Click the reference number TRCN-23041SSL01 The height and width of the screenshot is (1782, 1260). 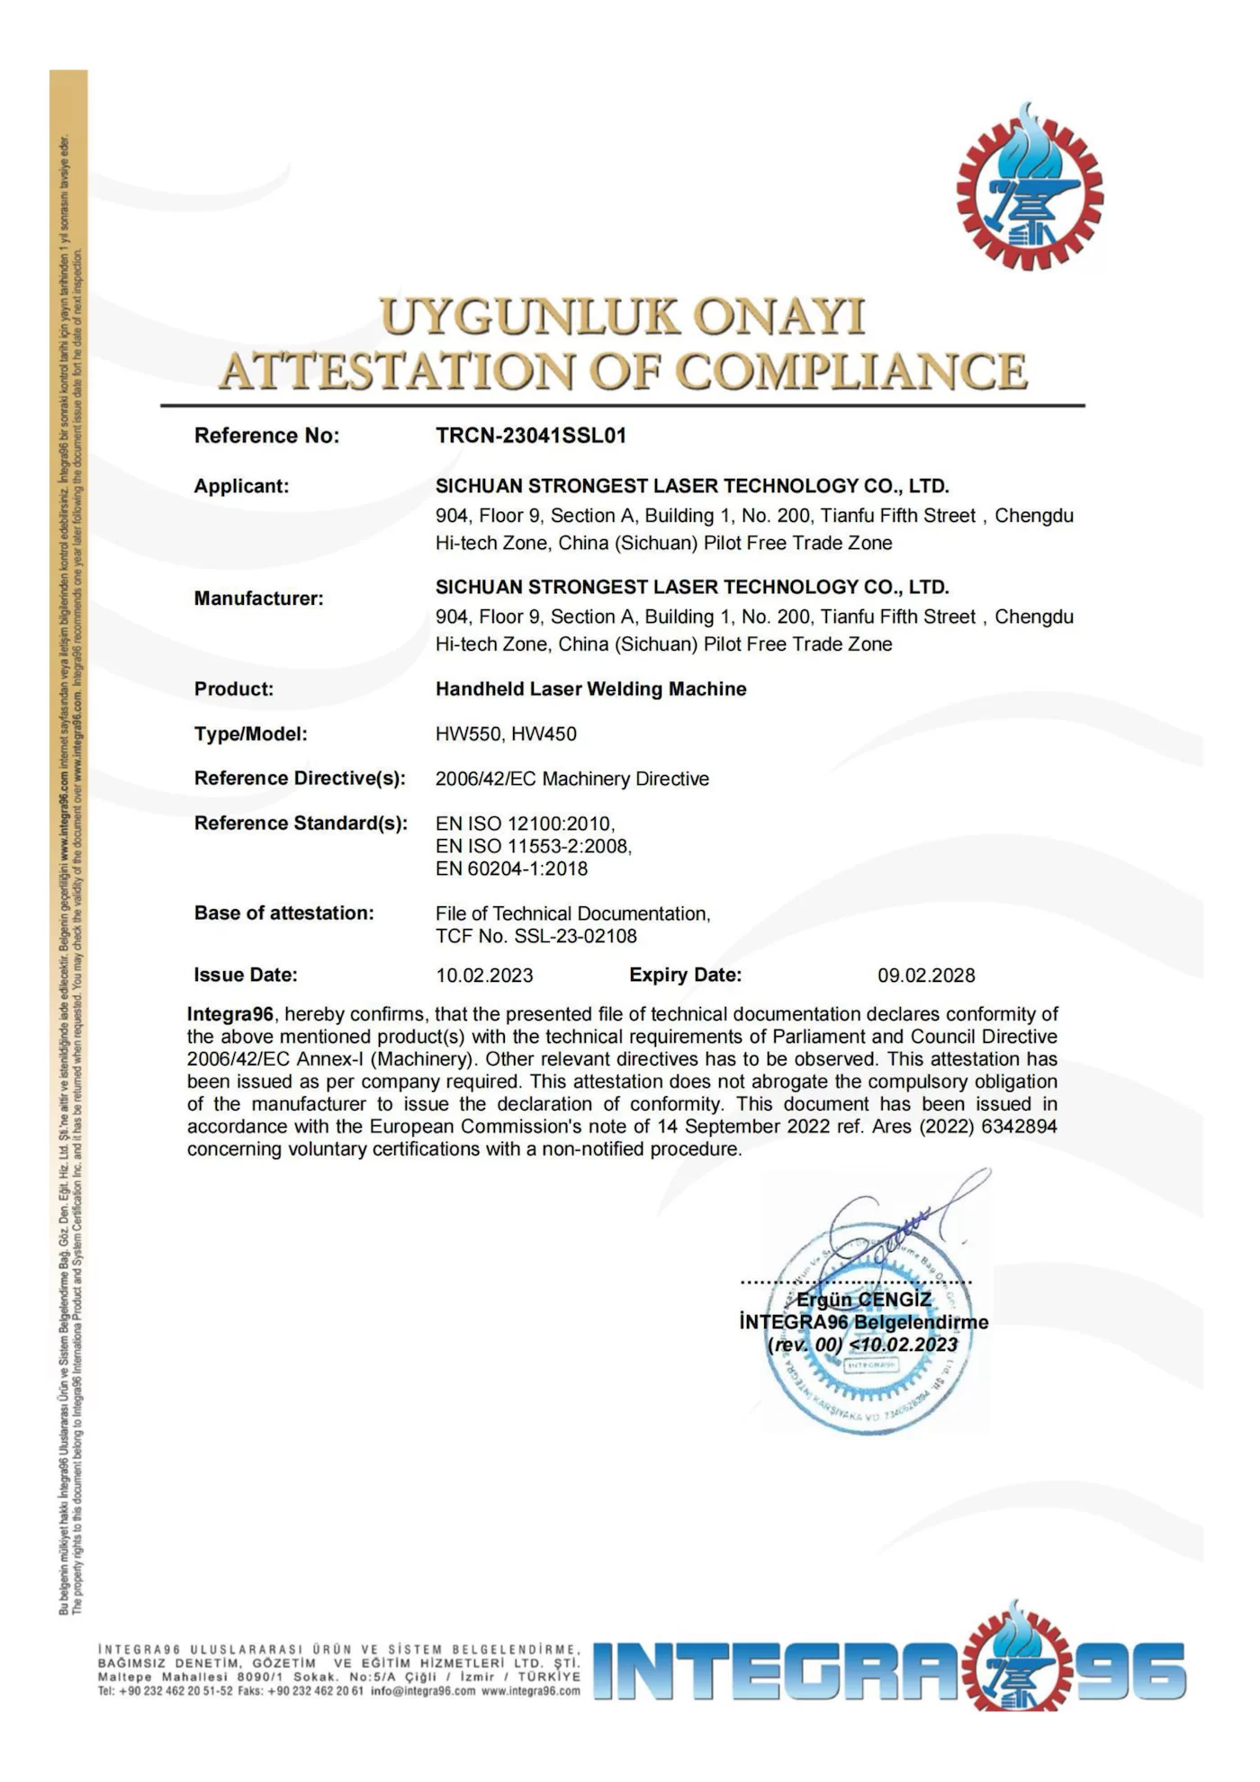[531, 436]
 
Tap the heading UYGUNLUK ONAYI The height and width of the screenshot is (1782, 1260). [622, 317]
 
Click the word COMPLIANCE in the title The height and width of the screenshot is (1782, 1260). [850, 372]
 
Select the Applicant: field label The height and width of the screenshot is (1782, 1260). [241, 486]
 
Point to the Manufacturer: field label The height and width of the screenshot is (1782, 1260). [258, 598]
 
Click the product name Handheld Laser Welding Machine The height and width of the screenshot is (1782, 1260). [590, 689]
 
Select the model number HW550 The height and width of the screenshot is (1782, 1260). [464, 734]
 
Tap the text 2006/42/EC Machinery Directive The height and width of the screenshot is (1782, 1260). [571, 779]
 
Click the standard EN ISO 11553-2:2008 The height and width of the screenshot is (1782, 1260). [533, 846]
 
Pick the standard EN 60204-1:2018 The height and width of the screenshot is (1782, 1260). [511, 869]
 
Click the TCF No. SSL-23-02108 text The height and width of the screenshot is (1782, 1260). [535, 937]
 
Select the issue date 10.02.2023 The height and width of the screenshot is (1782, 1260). [484, 976]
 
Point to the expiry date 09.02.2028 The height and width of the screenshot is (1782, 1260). [926, 976]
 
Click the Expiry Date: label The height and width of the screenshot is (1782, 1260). [685, 975]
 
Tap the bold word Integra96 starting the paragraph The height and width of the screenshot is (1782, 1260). [229, 1014]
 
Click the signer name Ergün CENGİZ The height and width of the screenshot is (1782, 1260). [863, 1300]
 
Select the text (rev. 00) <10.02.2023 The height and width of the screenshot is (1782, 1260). [862, 1345]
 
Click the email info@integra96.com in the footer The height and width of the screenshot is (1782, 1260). [423, 1691]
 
